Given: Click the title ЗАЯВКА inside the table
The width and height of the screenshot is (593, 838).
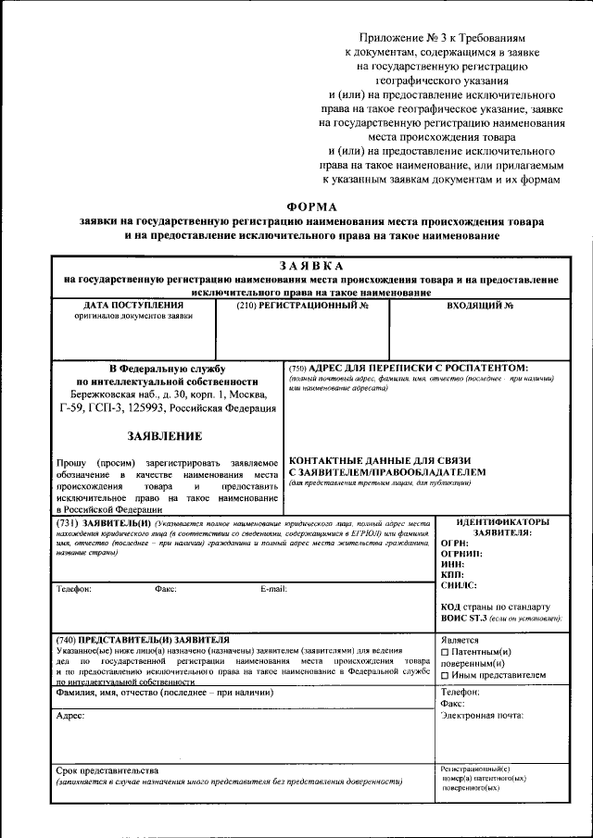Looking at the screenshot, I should (311, 266).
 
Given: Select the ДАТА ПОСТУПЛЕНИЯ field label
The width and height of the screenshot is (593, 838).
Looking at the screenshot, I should (133, 305).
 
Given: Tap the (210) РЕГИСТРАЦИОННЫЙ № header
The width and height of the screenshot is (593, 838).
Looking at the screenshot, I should (302, 305).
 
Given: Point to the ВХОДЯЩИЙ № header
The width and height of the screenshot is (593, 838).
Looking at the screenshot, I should (480, 305).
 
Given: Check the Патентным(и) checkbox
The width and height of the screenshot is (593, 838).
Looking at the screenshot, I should (446, 652).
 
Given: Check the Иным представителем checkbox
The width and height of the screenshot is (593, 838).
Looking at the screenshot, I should (446, 676).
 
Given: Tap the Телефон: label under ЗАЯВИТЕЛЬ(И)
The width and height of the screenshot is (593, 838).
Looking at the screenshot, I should (74, 589).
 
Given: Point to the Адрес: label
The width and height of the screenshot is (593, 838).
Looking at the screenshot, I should (70, 716).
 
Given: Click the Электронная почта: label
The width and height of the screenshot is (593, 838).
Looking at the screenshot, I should (482, 715).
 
